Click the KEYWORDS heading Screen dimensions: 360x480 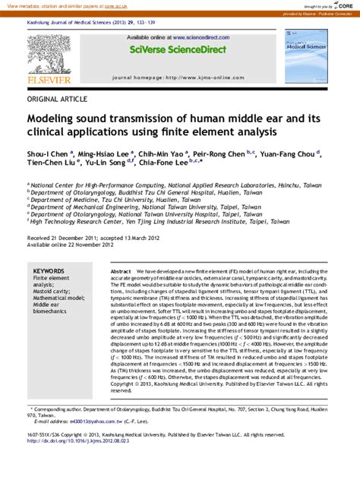[49, 271]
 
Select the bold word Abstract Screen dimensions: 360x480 [121, 271]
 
